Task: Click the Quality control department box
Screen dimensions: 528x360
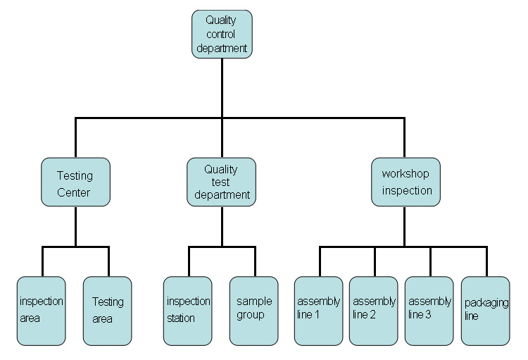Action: [x=222, y=34]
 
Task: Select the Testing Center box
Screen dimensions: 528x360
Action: [x=75, y=182]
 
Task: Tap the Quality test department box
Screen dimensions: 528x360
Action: [x=221, y=182]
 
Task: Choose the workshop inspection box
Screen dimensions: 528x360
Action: [x=406, y=182]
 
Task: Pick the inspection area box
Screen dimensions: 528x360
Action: [x=41, y=311]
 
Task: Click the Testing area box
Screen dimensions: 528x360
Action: [x=108, y=311]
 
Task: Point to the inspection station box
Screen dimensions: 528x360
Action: [x=187, y=311]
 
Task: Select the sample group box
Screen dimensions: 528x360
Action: [x=254, y=311]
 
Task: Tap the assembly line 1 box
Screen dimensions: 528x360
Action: [x=318, y=311]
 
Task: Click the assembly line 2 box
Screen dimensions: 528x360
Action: [x=373, y=311]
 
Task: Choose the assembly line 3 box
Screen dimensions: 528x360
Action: [x=429, y=311]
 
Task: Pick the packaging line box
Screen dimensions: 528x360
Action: [x=485, y=311]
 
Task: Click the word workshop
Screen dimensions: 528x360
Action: [x=406, y=174]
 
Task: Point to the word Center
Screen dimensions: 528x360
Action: [x=73, y=192]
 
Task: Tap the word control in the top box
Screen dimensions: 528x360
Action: [x=220, y=34]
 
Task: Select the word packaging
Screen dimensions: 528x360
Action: [x=486, y=303]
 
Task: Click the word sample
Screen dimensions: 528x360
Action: [x=254, y=302]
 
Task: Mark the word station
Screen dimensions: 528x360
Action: [x=181, y=318]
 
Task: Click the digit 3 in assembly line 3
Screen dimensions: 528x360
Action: [x=428, y=314]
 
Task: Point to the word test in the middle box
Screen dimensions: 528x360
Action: [x=220, y=182]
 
